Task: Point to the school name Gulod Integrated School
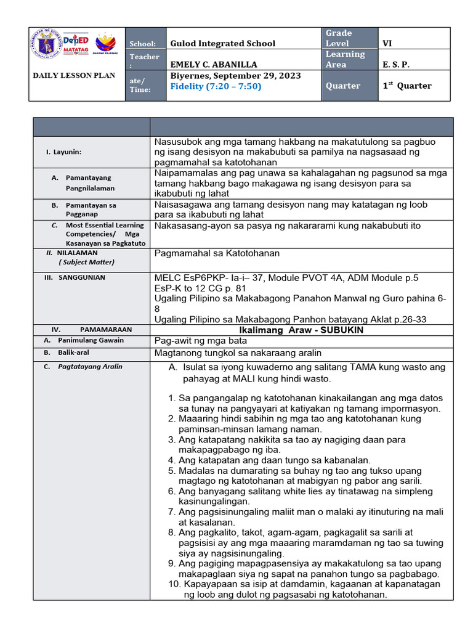point(214,43)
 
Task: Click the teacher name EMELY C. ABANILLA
point(214,64)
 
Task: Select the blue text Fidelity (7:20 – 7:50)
point(216,86)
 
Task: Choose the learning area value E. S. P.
point(395,64)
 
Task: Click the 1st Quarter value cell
point(407,86)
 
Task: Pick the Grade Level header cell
point(339,38)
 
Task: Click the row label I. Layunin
point(63,151)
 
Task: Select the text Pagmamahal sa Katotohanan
point(217,253)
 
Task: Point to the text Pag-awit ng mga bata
point(200,340)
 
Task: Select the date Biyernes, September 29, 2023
point(235,76)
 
